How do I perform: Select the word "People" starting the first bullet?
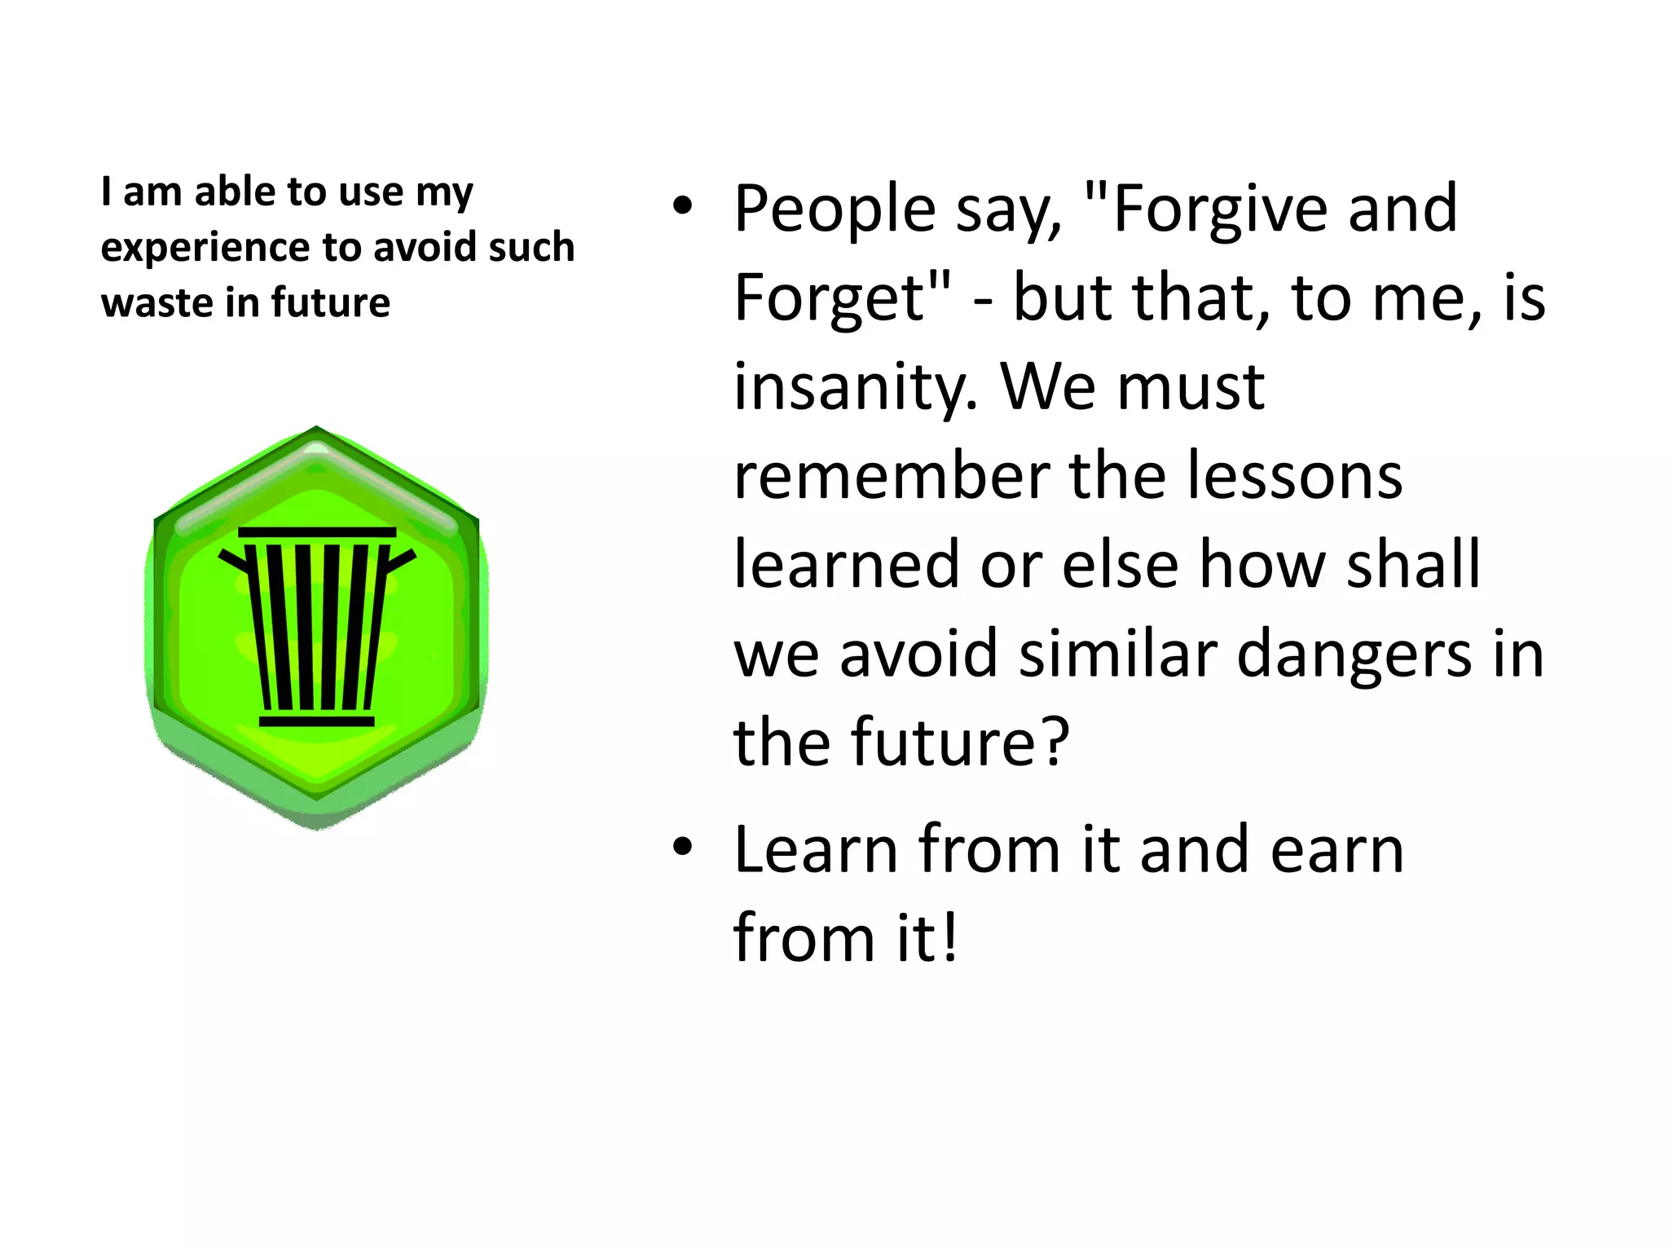pyautogui.click(x=835, y=210)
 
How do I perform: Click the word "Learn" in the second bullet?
pyautogui.click(x=816, y=850)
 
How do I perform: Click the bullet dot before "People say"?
pyautogui.click(x=682, y=206)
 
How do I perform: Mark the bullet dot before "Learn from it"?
pyautogui.click(x=682, y=847)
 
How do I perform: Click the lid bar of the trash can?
pyautogui.click(x=317, y=532)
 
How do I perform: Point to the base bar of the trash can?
pyautogui.click(x=317, y=721)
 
